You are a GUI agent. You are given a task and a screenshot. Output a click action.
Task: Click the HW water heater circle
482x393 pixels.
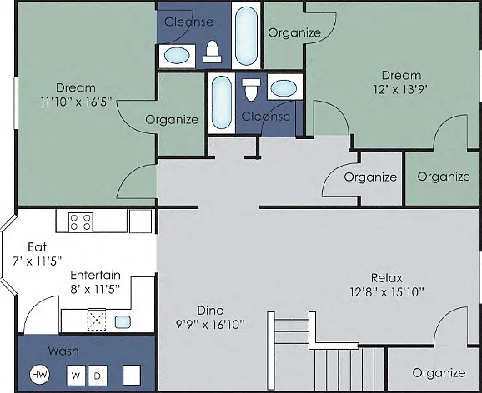[x=39, y=375]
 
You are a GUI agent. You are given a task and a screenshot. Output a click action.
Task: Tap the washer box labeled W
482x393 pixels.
[x=76, y=376]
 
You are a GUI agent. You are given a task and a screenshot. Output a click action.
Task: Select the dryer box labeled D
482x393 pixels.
[x=98, y=376]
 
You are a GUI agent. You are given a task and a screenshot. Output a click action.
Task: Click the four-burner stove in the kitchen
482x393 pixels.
[x=81, y=222]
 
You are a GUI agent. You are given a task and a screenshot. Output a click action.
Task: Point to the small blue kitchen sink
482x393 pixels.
[x=123, y=321]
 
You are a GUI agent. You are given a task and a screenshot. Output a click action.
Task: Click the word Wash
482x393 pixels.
[x=63, y=351]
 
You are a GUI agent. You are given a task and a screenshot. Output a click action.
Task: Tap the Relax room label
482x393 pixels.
[x=387, y=278]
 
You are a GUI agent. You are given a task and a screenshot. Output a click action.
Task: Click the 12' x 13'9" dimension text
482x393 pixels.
[x=401, y=89]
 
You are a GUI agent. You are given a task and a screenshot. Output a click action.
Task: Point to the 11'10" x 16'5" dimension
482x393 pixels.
[x=76, y=102]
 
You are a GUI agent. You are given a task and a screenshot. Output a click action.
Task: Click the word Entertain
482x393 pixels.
[x=95, y=275]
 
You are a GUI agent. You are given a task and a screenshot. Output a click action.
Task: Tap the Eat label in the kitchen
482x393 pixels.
[x=38, y=246]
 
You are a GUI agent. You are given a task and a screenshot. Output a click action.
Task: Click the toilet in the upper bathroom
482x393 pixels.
[x=212, y=52]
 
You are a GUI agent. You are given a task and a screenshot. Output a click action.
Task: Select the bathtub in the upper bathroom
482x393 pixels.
[x=246, y=36]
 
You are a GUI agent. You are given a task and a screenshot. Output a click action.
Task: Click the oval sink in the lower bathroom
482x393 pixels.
[x=284, y=88]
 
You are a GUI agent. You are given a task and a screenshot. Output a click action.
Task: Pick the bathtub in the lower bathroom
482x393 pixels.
[x=221, y=102]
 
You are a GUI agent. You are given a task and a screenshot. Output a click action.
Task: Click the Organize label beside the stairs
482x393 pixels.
[x=439, y=373]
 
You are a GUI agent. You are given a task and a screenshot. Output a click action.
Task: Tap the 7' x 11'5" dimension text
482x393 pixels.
[x=38, y=261]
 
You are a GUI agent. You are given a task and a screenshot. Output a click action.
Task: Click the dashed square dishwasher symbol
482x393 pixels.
[x=97, y=320]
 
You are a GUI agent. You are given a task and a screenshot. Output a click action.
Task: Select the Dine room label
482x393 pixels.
[x=210, y=310]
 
